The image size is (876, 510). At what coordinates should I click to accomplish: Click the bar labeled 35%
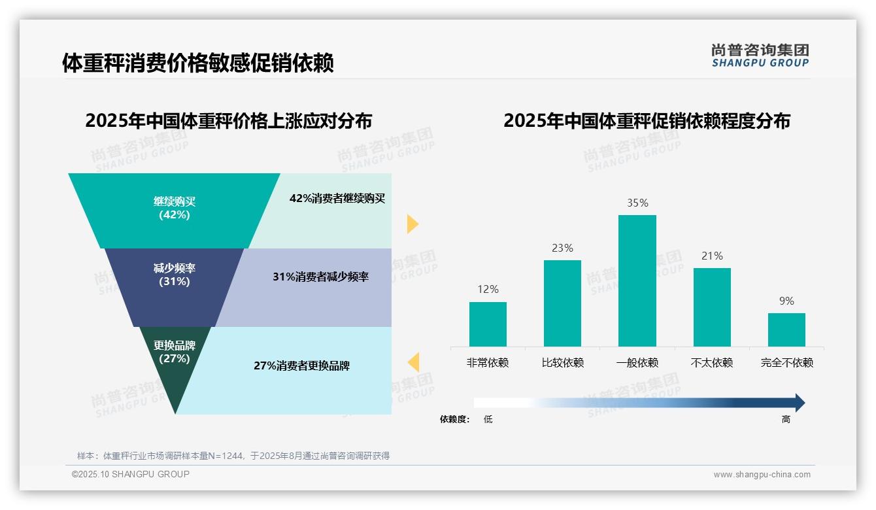(637, 281)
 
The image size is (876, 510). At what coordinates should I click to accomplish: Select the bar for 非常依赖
(488, 324)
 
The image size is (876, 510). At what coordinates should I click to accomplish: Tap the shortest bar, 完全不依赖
(786, 330)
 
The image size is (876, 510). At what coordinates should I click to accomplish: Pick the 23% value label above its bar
(562, 248)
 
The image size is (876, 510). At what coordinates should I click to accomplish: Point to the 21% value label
(712, 256)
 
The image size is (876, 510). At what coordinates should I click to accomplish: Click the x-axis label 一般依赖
(637, 363)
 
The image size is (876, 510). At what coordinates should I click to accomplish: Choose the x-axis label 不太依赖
(712, 363)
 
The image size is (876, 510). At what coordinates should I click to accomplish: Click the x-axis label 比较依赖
(562, 363)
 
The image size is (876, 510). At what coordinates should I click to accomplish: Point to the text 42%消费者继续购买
(337, 199)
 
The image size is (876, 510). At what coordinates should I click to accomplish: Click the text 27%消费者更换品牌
(301, 366)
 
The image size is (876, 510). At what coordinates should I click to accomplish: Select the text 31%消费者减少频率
(320, 277)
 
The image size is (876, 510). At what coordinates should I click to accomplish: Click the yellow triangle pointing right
(412, 224)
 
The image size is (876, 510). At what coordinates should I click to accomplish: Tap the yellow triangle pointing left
(414, 362)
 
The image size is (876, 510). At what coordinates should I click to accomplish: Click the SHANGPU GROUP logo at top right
(760, 56)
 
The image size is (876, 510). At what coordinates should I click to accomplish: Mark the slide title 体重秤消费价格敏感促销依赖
(198, 63)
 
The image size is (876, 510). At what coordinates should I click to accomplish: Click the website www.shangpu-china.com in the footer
(762, 475)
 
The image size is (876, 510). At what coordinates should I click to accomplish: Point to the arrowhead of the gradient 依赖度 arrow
(800, 403)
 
